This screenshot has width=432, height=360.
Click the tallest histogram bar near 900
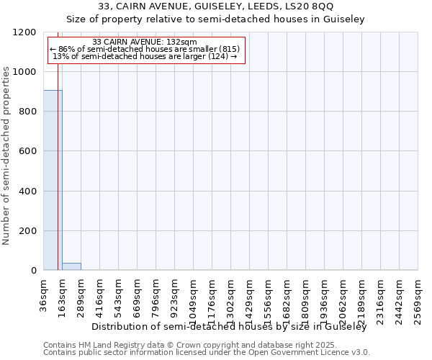pos(53,180)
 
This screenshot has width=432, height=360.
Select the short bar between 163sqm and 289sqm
pos(71,266)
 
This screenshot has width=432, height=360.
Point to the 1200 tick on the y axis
pos(27,32)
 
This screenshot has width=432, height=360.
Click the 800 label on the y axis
pos(27,112)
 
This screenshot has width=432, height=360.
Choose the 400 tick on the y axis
pos(27,192)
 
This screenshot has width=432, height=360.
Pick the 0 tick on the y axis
pos(33,271)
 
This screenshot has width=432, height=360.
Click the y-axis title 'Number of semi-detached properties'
pos(6,151)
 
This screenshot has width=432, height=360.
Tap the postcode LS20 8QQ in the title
pos(308,6)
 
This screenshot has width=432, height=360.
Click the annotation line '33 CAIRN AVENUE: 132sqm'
pos(145,42)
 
